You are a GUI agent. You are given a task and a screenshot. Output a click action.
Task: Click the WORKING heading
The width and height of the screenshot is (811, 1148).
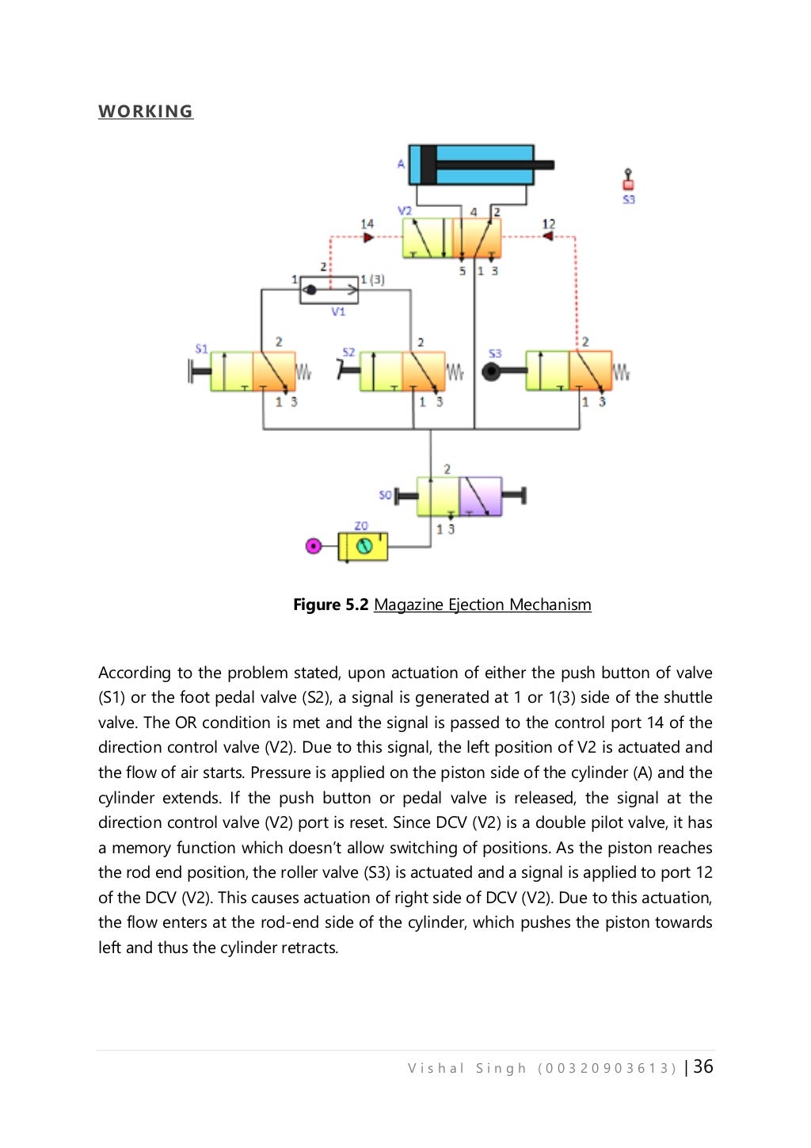pos(146,111)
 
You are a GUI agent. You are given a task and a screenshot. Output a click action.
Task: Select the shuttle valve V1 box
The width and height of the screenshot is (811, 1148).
pos(329,290)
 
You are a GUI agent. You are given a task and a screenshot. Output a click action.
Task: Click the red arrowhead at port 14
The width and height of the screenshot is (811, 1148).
pos(368,237)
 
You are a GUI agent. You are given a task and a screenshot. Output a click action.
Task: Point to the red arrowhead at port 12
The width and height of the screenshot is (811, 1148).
pos(547,236)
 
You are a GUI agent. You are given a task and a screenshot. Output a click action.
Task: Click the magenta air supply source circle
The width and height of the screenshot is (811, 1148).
pos(314,546)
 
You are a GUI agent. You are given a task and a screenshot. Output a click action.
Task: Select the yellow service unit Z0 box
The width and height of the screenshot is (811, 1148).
pos(363,546)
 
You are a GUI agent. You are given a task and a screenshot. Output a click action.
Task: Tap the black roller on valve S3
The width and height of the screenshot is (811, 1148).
pos(492,371)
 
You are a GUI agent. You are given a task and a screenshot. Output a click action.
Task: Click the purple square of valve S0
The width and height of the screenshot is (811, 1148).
pos(481,497)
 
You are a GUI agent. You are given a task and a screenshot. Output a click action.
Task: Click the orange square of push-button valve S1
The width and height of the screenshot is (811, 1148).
pos(274,372)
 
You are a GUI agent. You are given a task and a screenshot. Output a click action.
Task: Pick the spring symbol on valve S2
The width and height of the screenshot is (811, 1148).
pos(455,372)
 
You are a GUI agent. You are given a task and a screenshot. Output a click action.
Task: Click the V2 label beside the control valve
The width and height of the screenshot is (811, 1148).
pos(404,211)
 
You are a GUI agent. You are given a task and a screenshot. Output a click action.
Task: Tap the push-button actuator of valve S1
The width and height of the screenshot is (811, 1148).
pos(198,371)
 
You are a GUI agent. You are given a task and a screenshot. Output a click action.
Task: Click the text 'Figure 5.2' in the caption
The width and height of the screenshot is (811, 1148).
pos(330,605)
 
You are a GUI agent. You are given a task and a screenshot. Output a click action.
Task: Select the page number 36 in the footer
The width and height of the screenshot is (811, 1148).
pos(703,1066)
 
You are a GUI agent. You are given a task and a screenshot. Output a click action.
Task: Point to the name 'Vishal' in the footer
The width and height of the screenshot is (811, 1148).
pos(436,1068)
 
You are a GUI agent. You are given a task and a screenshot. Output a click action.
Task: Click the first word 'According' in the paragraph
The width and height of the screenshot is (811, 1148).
pos(134,673)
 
